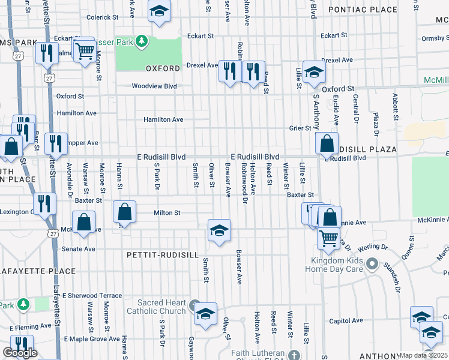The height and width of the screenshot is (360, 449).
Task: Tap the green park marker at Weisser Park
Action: pyautogui.click(x=142, y=41)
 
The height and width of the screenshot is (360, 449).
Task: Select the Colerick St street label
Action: pyautogui.click(x=104, y=18)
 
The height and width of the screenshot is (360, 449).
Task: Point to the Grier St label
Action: pyautogui.click(x=300, y=128)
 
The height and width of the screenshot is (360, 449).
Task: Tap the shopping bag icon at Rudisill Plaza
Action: pyautogui.click(x=326, y=144)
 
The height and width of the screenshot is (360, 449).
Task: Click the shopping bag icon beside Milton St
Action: pyautogui.click(x=124, y=213)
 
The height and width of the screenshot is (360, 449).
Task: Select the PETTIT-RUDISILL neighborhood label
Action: pyautogui.click(x=163, y=255)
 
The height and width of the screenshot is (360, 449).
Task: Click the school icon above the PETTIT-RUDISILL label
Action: pyautogui.click(x=219, y=230)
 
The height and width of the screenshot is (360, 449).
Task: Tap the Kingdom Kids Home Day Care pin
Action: pyautogui.click(x=372, y=263)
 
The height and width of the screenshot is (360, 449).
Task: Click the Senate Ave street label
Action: pyautogui.click(x=79, y=248)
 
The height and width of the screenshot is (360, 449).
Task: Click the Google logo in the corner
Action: pyautogui.click(x=20, y=353)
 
